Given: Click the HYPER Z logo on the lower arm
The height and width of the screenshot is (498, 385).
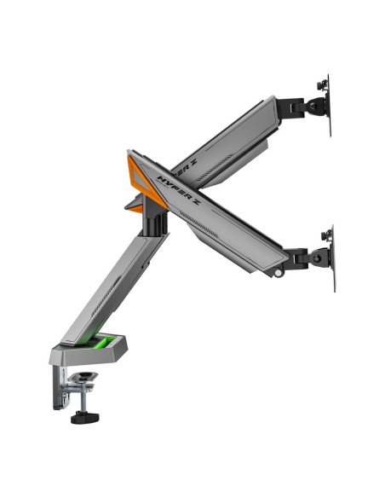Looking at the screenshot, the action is coord(179,190).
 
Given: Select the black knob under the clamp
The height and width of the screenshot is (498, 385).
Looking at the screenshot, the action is coord(84,417).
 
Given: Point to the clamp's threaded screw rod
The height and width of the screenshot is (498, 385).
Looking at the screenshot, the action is coord(83,399).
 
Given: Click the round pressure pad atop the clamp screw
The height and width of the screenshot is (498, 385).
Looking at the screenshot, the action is coord(83,377).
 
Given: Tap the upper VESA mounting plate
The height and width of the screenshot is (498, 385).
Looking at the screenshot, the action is coord(329,106).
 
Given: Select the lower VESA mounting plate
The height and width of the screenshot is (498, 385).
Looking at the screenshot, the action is coord(333,258).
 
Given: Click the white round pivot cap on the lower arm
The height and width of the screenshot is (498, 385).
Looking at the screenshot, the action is coord(279,273).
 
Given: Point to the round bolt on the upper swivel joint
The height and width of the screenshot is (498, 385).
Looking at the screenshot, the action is coord(313,107).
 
